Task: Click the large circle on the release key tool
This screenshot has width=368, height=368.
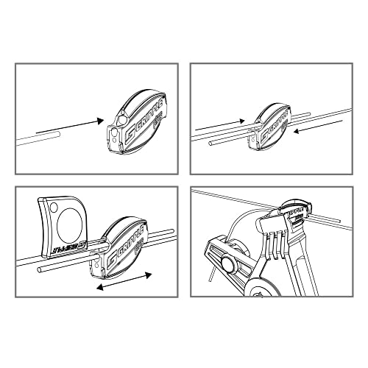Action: coord(66,221)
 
